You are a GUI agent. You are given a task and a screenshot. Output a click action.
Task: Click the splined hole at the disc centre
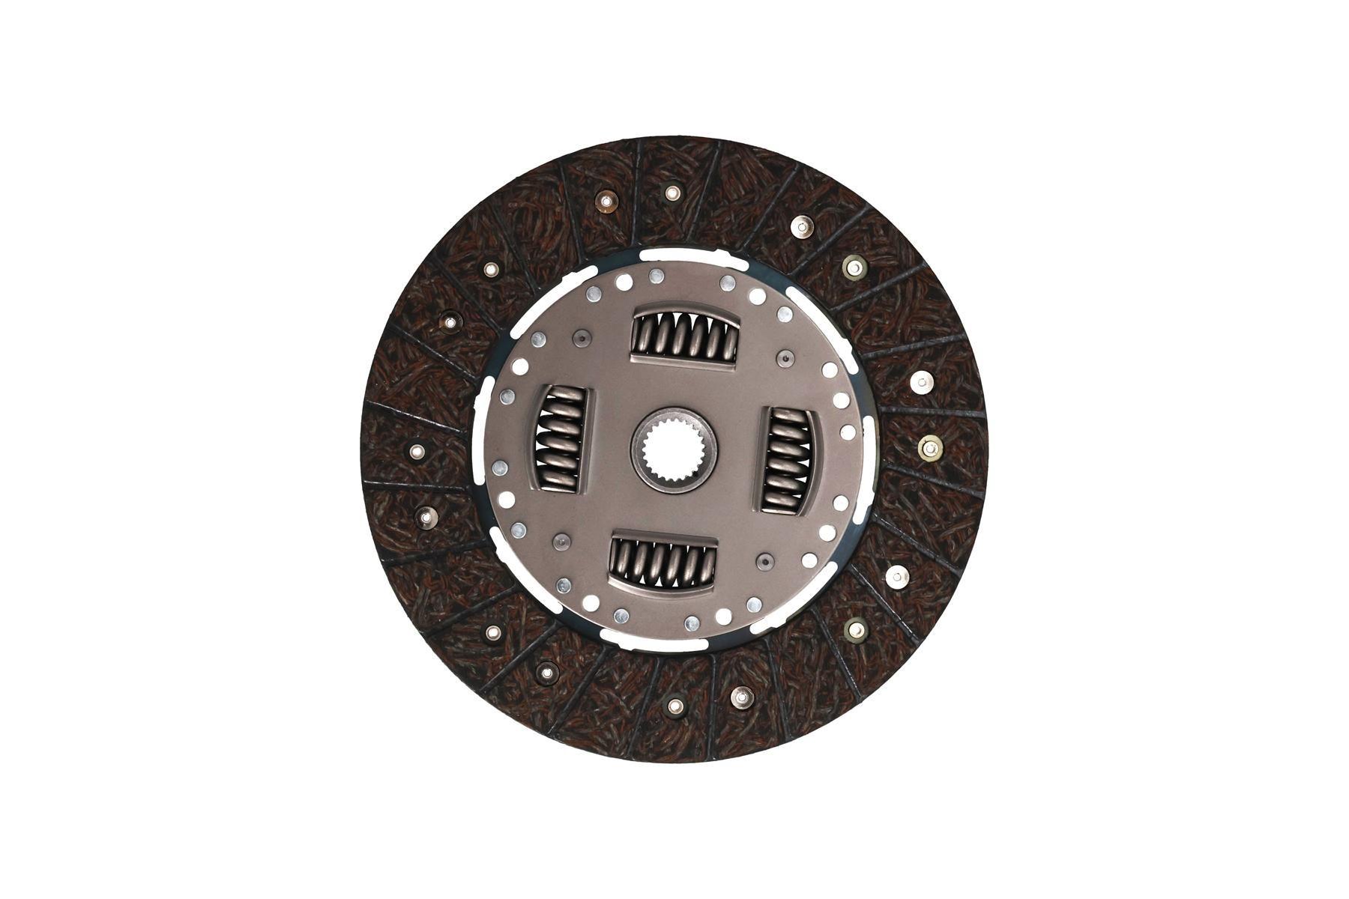674,449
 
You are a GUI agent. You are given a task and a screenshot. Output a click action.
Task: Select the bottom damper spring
664,561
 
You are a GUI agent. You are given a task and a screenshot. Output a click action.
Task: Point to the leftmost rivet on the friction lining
417,451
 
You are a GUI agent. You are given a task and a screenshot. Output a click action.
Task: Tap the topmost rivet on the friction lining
671,193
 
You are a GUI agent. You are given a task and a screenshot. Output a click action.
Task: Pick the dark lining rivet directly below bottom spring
675,705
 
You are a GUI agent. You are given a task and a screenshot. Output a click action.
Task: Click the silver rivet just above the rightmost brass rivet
920,382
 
